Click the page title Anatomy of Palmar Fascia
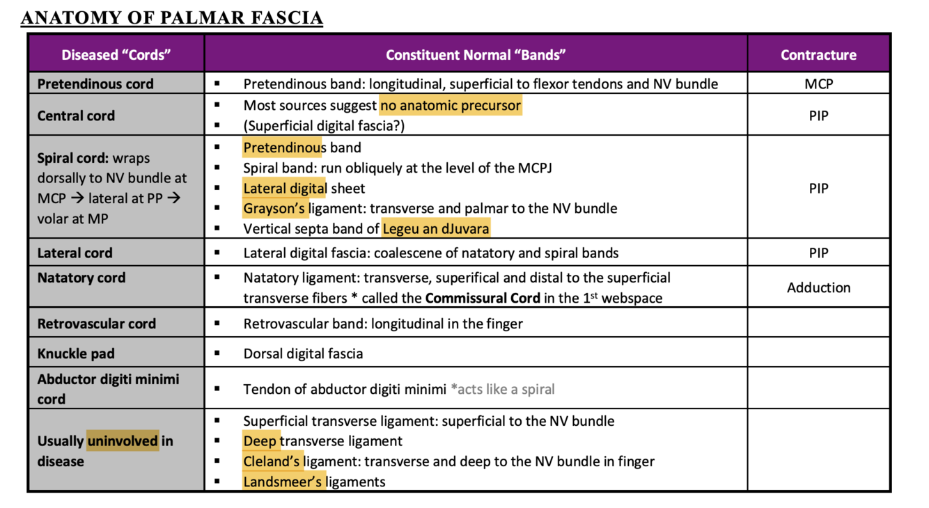tap(172, 17)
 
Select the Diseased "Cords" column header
tap(116, 55)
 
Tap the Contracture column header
tap(818, 55)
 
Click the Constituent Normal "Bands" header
tap(476, 55)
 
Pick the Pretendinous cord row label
tap(95, 84)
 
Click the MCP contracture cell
tap(818, 84)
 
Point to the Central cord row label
tap(76, 116)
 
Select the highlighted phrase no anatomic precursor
tap(451, 106)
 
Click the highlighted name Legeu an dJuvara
tap(435, 228)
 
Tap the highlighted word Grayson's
tap(274, 208)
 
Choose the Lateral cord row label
tap(75, 253)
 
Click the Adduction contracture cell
tap(818, 287)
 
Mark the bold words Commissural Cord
tap(482, 298)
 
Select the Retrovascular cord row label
tap(96, 324)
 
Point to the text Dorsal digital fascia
tap(303, 354)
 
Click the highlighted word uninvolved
tap(123, 441)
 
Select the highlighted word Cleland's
tap(272, 461)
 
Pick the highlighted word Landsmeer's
tap(283, 482)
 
